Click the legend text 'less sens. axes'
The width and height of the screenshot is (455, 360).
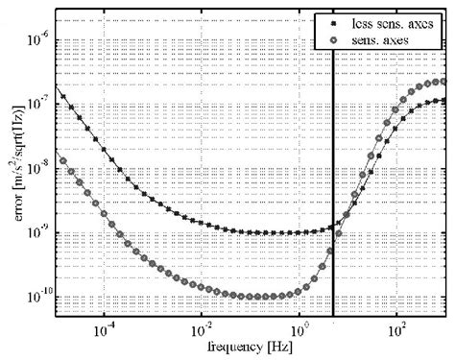(x=395, y=19)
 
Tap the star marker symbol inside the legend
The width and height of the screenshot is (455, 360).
(x=332, y=19)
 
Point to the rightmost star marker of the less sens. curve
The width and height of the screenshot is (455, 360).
(x=444, y=101)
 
